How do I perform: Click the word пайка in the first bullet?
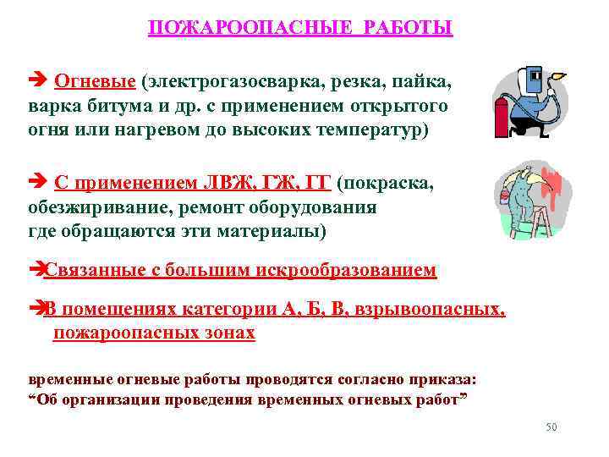[425, 81]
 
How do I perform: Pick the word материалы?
[274, 231]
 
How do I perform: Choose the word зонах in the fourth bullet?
[231, 333]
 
